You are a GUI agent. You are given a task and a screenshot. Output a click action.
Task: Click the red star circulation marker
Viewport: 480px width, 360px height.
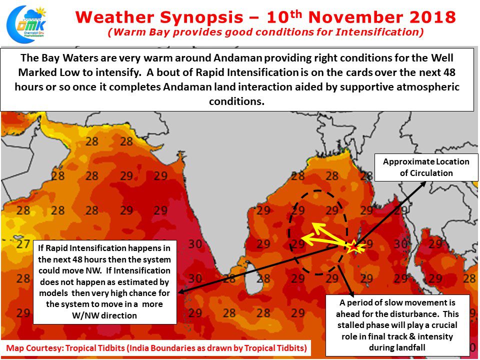(353, 245)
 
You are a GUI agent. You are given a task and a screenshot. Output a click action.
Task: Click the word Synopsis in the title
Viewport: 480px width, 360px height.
(202, 17)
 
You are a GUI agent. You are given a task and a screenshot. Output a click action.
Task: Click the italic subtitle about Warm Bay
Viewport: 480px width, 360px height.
(265, 33)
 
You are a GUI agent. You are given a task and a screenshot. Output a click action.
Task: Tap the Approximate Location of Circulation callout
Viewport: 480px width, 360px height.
(426, 167)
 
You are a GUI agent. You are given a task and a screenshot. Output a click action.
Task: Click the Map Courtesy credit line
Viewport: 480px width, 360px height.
(156, 347)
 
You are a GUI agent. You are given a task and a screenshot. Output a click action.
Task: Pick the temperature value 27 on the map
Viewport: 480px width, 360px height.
(23, 244)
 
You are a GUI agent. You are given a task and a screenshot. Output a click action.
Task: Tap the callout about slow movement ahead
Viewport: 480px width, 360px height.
(397, 325)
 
